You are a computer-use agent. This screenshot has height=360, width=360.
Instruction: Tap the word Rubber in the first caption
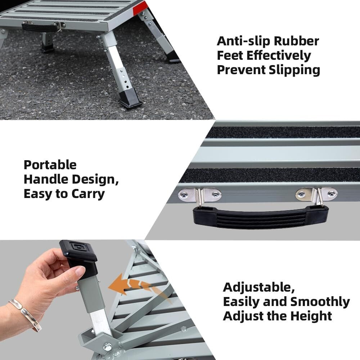click(x=297, y=41)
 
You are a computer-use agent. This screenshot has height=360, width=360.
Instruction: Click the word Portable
click(x=50, y=165)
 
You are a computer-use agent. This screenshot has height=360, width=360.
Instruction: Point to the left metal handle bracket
click(x=201, y=195)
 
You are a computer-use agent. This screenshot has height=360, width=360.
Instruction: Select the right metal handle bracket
click(x=317, y=194)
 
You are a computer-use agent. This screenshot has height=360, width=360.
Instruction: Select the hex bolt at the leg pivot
click(x=108, y=347)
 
